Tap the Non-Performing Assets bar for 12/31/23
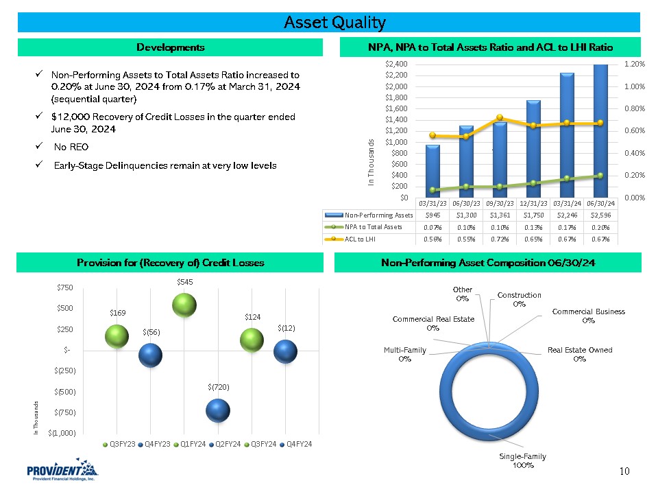534,149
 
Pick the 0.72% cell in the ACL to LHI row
500,239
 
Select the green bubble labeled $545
184,305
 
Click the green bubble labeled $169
117,336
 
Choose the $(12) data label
287,328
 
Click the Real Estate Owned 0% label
580,354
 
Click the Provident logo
62,473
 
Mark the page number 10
624,471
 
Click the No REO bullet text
71,147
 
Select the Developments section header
170,47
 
